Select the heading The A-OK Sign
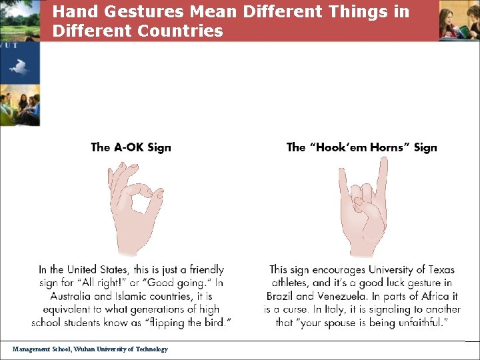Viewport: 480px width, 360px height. (x=131, y=147)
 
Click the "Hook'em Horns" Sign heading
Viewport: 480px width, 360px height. (x=361, y=147)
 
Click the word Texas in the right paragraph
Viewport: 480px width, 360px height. (x=438, y=270)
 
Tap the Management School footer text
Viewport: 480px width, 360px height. (x=90, y=349)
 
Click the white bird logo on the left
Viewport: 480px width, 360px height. (x=19, y=67)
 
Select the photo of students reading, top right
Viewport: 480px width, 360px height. (x=459, y=20)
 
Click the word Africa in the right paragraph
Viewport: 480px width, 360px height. (x=441, y=296)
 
